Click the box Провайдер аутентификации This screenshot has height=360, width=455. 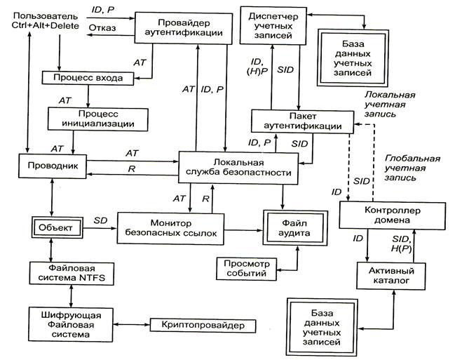click(x=182, y=26)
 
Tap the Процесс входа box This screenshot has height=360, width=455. click(x=87, y=77)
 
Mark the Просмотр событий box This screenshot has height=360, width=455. click(x=243, y=267)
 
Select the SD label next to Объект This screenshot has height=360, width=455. click(x=100, y=220)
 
